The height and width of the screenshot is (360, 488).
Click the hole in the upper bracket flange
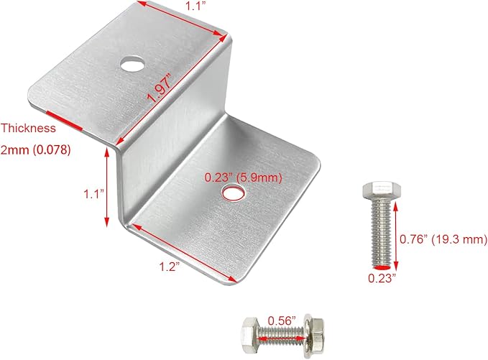tap(132, 65)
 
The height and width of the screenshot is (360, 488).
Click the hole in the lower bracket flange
tap(233, 193)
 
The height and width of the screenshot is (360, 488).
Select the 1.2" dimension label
tap(170, 267)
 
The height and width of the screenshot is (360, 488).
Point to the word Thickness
tap(28, 128)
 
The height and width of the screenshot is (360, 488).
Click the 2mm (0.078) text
tap(35, 150)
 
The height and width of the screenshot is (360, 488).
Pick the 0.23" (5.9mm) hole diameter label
tap(243, 177)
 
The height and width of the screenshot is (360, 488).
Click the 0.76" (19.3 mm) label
tap(443, 239)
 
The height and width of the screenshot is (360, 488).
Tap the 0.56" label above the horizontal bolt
tap(281, 320)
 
